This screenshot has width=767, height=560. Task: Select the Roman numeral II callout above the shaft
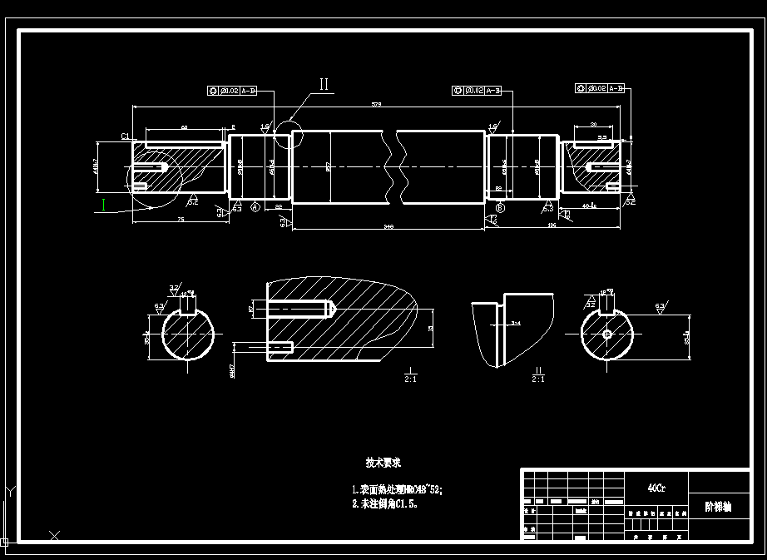[325, 84]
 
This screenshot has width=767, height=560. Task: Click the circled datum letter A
[255, 206]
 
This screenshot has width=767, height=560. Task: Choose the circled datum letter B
[500, 207]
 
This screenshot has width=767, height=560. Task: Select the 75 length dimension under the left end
[180, 220]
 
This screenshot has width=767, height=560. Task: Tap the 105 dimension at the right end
[550, 225]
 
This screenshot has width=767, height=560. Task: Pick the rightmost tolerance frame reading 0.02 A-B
[600, 87]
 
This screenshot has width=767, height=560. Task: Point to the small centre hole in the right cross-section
[607, 334]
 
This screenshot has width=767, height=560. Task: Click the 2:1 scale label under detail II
[537, 379]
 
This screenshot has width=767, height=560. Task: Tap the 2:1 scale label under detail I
[410, 379]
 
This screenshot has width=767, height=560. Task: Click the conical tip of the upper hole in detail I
[332, 310]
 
